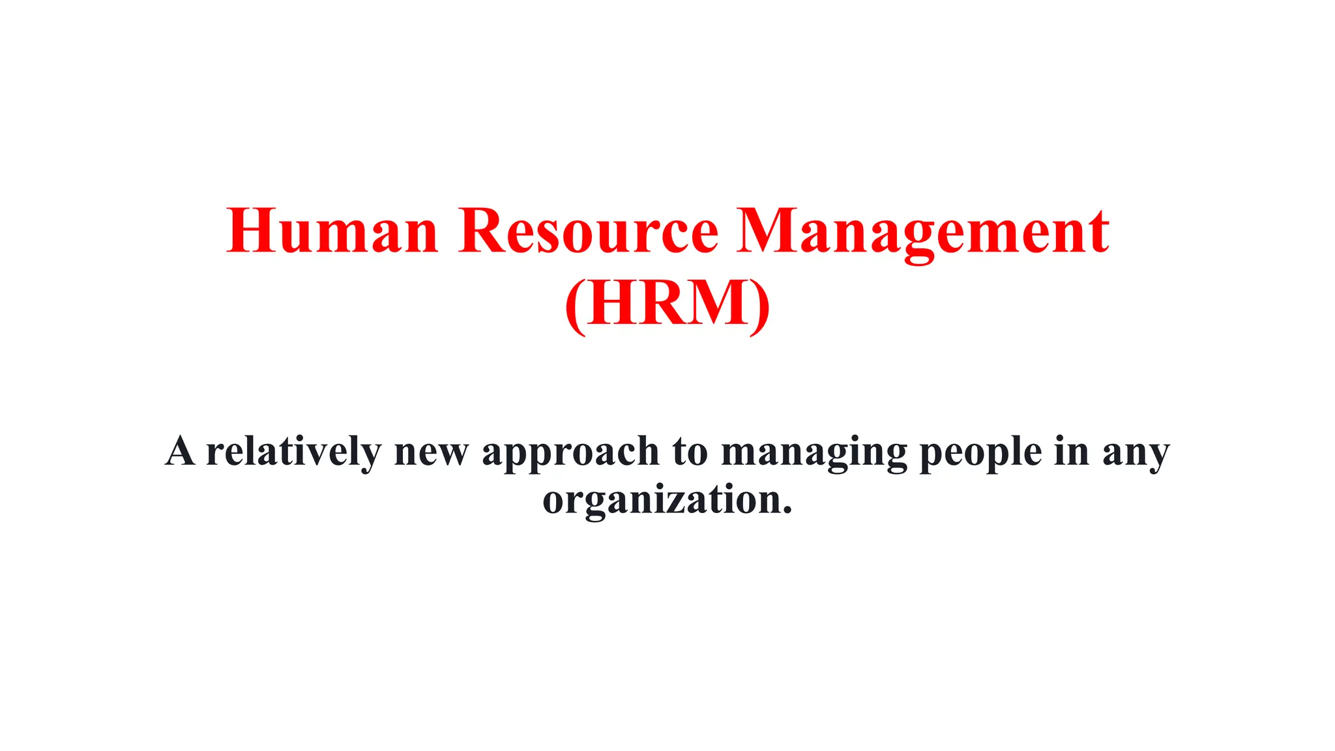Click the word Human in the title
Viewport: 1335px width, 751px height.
332,231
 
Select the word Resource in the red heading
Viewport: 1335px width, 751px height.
588,231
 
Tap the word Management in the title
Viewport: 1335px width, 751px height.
922,231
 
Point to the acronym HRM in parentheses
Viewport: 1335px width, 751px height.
667,303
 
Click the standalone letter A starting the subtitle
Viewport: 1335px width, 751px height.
180,451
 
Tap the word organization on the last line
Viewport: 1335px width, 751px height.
662,501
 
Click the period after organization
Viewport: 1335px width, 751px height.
787,509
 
